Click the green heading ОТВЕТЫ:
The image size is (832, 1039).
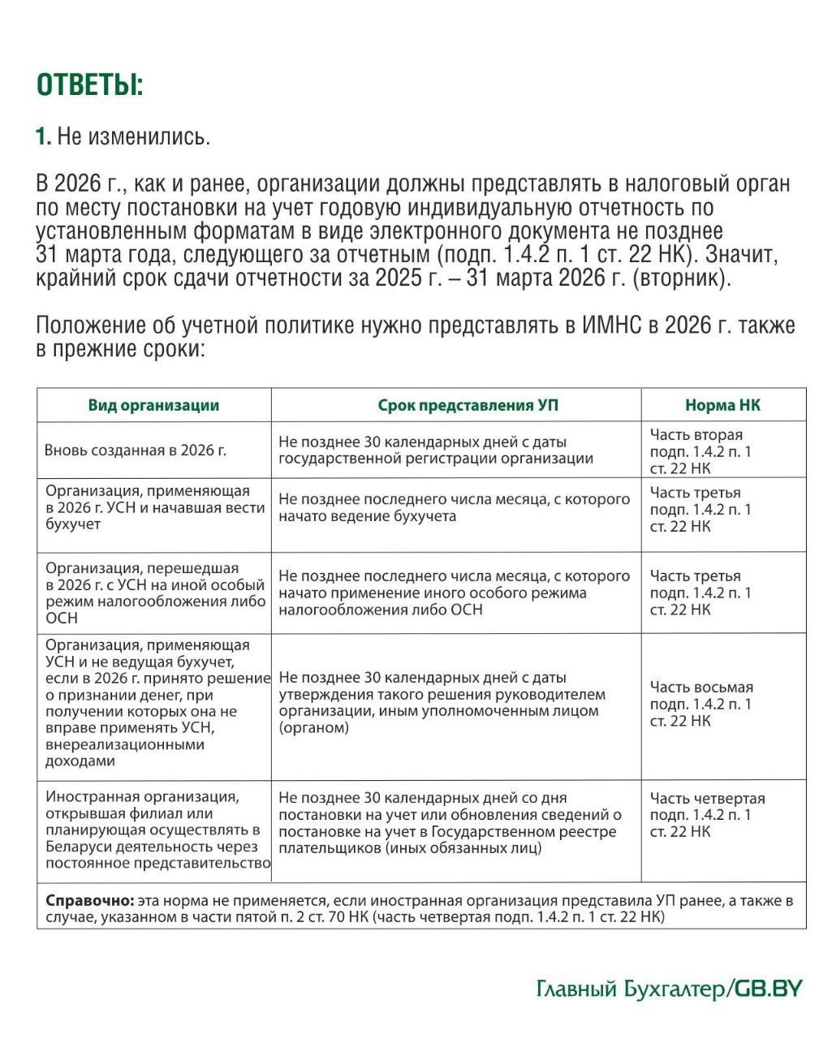tap(90, 85)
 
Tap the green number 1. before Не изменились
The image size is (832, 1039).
tap(43, 136)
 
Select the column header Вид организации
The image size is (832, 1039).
tap(153, 406)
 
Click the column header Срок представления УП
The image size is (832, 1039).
tap(456, 406)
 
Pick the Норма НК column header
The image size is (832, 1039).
tap(722, 406)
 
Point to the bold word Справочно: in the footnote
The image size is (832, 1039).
tap(89, 900)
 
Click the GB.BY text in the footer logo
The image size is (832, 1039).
tap(768, 989)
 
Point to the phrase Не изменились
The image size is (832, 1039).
tap(134, 136)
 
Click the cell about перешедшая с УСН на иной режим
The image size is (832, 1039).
tap(154, 593)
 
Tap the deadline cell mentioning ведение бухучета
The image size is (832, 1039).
tap(455, 507)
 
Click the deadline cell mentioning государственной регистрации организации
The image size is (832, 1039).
tap(435, 451)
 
